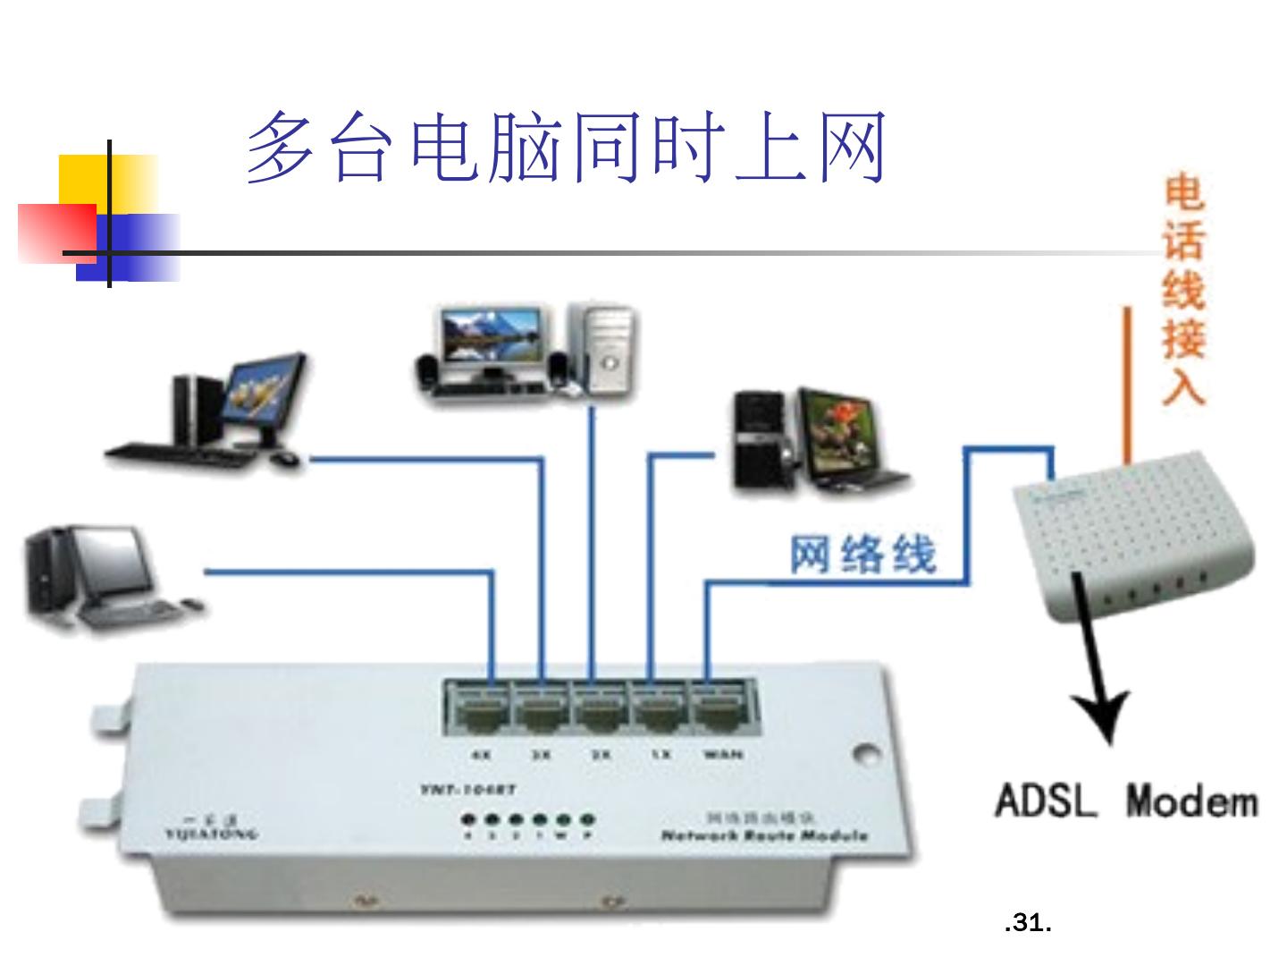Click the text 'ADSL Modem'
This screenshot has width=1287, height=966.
coord(1126,801)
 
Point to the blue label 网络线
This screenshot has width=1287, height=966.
coord(862,554)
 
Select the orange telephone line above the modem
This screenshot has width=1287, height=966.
coord(1128,385)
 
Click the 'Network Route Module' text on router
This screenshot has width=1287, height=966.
coord(764,835)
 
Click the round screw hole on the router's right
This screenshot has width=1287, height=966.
coord(863,754)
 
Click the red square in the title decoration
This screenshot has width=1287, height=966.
coord(56,233)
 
